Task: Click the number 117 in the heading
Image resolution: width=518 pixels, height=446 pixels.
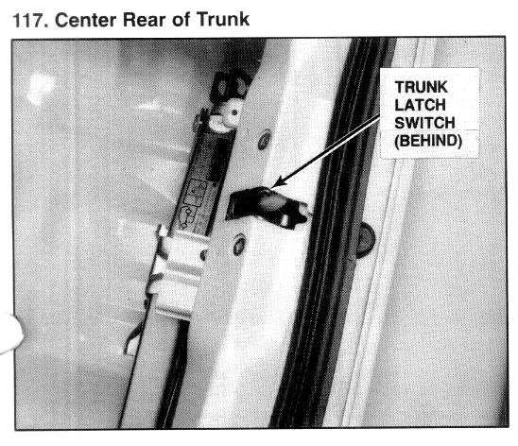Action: click(29, 21)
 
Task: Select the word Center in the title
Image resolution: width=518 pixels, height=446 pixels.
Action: click(86, 20)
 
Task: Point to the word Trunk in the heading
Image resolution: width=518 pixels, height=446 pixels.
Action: click(223, 20)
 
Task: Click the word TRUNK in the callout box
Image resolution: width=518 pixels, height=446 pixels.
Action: click(422, 87)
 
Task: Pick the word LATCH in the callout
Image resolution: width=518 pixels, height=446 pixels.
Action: click(420, 105)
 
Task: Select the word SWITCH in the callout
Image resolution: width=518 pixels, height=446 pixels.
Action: click(424, 123)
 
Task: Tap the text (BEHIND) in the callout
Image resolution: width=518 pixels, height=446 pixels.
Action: click(428, 141)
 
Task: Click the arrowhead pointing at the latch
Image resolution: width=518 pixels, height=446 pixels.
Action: click(280, 182)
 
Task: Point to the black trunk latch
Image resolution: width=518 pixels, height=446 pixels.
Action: click(268, 207)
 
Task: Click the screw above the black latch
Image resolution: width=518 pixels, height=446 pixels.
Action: click(265, 140)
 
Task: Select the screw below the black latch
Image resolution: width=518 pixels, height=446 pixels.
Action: click(239, 245)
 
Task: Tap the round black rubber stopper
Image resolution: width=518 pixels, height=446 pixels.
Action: click(366, 240)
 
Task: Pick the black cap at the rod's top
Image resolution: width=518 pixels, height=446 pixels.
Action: click(231, 85)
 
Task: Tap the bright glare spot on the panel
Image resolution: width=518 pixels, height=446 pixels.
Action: click(41, 88)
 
